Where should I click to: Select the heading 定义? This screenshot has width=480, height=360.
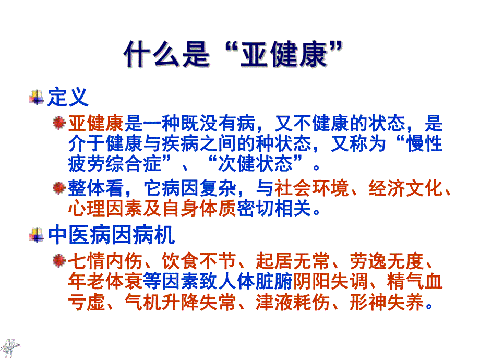67,97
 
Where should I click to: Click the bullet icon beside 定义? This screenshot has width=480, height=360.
37,98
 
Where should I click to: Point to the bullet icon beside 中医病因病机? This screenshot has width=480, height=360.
37,236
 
